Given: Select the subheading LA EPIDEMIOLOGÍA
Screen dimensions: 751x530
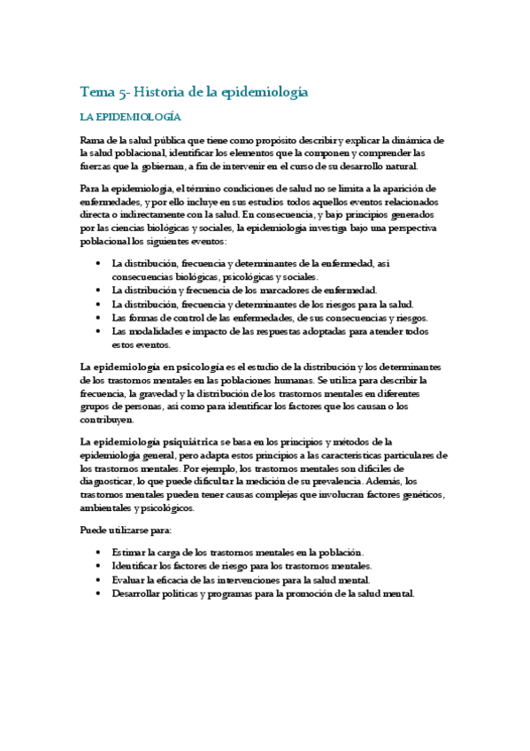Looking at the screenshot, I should coord(130,117).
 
